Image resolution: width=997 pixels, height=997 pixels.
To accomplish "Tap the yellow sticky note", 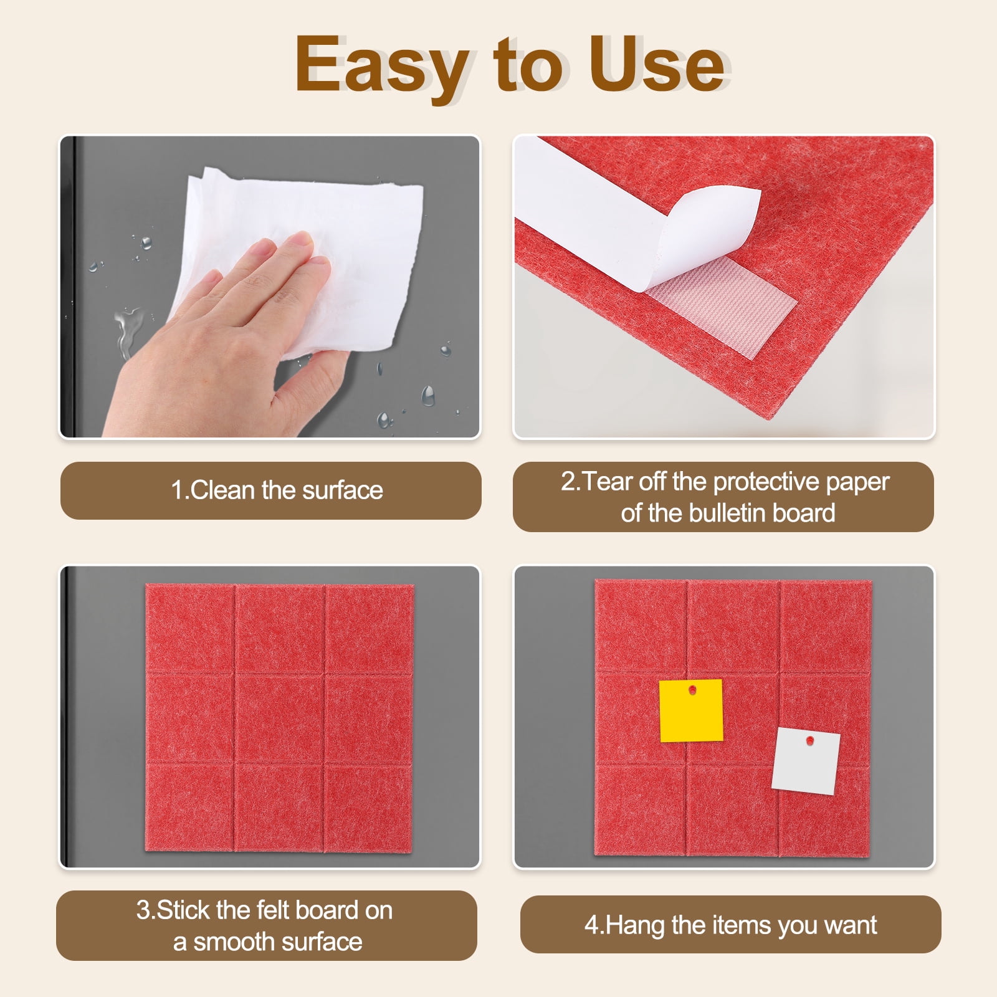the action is (x=691, y=710).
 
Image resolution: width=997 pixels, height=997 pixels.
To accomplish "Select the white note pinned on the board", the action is (x=806, y=761).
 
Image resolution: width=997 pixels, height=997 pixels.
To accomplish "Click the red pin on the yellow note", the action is (x=692, y=690).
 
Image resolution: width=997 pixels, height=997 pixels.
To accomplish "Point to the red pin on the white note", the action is (x=810, y=740).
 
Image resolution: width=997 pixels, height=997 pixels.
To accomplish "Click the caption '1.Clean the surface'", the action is (x=277, y=490).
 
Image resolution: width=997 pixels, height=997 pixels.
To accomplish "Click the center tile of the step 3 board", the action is (x=280, y=718).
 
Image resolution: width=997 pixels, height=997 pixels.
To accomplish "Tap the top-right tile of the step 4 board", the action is (x=826, y=626).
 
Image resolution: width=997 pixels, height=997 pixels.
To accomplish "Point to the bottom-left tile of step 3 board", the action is (x=190, y=807).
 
